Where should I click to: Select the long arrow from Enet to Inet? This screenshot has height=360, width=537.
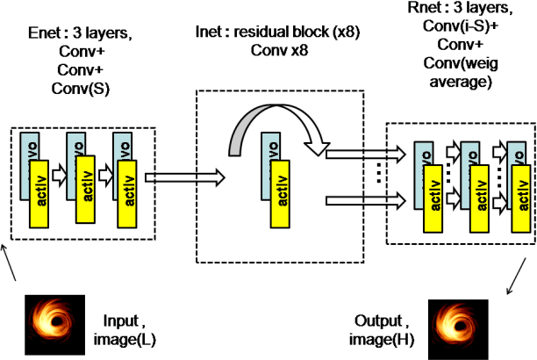click(171, 178)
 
